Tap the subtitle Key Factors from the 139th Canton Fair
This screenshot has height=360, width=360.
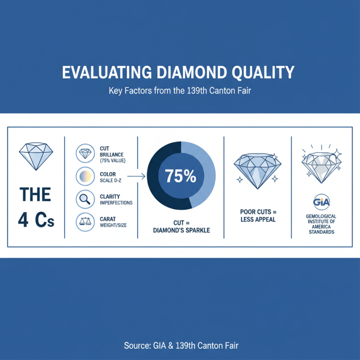(x=180, y=90)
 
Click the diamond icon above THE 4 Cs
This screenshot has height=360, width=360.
(x=36, y=156)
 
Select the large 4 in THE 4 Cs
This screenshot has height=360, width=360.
(x=24, y=221)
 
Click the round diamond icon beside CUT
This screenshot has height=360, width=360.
(x=85, y=154)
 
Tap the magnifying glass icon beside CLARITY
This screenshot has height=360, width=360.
(x=85, y=199)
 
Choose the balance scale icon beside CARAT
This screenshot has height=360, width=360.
(x=85, y=221)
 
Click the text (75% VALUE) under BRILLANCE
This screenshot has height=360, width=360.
(x=113, y=161)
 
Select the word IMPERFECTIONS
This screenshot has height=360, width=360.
(x=116, y=202)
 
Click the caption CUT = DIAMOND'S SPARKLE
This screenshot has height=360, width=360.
(x=180, y=226)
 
